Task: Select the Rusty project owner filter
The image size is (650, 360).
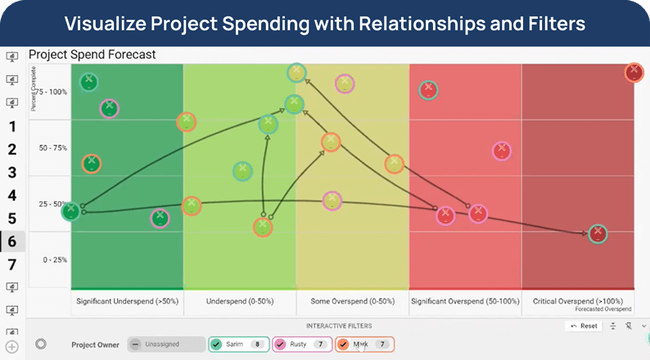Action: click(301, 344)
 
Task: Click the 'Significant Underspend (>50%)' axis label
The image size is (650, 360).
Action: click(127, 301)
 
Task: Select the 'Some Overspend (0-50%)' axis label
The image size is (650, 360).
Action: click(352, 301)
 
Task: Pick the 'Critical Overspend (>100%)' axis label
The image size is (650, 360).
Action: click(578, 301)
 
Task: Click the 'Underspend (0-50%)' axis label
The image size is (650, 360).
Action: click(240, 301)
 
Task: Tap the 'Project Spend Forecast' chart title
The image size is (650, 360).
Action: click(92, 55)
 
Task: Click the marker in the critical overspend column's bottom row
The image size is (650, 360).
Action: click(598, 233)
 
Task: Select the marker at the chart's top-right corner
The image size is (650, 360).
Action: click(633, 72)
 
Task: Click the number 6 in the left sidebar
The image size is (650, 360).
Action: click(11, 241)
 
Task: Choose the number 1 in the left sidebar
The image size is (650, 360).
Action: click(11, 126)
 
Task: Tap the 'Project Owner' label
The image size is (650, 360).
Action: click(95, 344)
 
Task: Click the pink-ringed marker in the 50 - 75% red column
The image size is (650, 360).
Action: click(502, 151)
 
